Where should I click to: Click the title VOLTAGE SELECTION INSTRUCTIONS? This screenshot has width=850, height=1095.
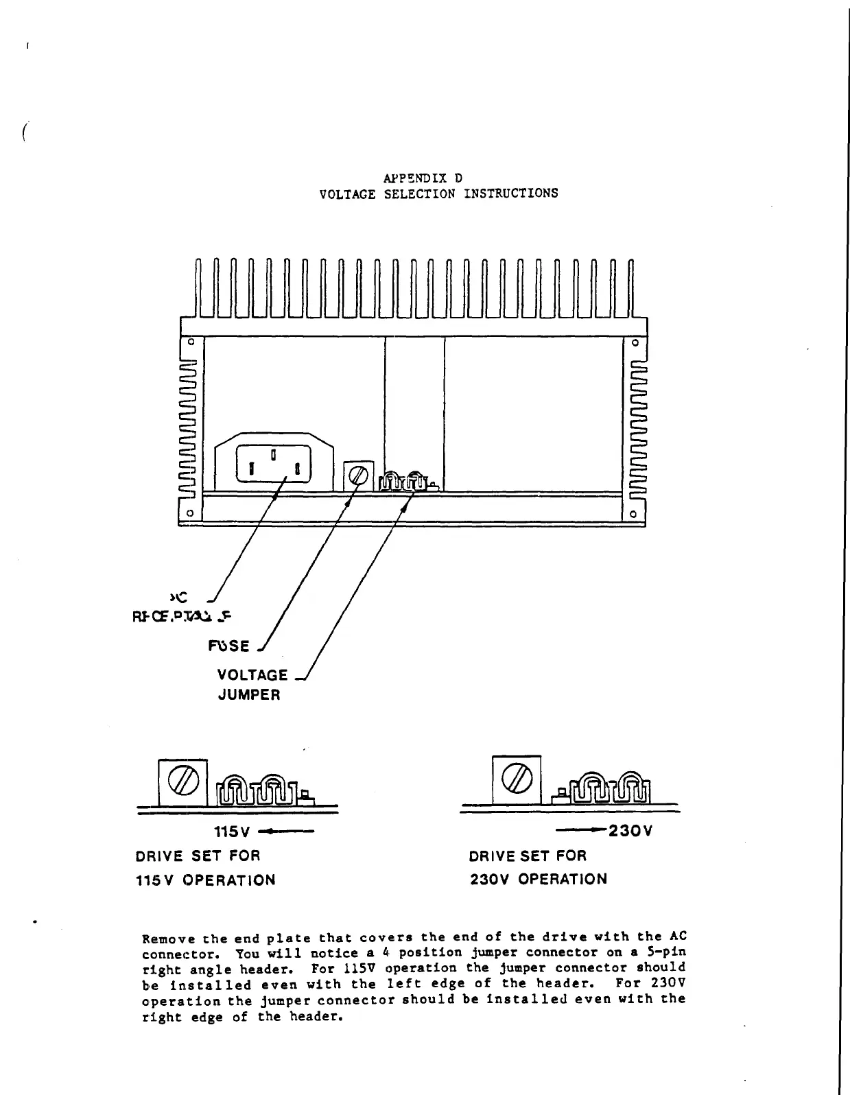[438, 193]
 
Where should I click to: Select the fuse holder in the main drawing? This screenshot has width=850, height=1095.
[358, 475]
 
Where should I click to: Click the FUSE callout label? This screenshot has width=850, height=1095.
[229, 646]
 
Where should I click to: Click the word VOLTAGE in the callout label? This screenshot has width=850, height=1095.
[252, 675]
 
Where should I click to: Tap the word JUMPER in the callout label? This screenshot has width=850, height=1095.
[249, 695]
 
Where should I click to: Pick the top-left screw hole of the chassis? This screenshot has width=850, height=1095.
[191, 342]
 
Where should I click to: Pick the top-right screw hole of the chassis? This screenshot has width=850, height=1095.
[635, 342]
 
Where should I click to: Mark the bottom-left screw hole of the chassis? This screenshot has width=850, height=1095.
[191, 513]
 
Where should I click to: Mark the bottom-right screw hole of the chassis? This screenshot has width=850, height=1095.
[635, 513]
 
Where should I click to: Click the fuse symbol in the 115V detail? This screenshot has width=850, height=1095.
[182, 782]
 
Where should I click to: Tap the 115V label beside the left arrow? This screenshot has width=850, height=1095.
[231, 832]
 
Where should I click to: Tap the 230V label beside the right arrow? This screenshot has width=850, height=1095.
[630, 831]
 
